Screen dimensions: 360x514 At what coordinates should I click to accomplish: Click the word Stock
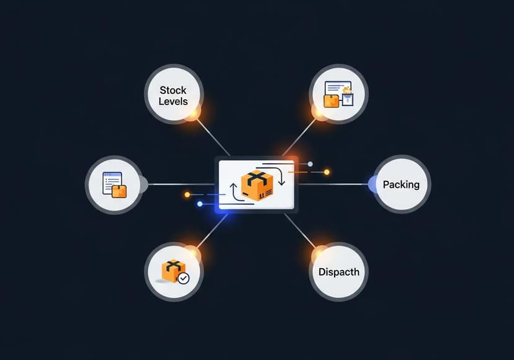click(173, 91)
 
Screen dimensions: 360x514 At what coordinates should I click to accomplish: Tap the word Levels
click(173, 101)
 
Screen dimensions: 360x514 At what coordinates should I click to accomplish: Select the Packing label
click(401, 184)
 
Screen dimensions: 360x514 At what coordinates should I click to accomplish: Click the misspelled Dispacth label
click(338, 272)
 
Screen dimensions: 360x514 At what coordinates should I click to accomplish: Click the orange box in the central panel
click(257, 186)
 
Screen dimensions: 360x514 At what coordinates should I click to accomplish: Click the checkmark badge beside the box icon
click(183, 279)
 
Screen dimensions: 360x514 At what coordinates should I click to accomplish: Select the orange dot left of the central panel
click(187, 195)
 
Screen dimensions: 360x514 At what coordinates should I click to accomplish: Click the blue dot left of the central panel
click(199, 204)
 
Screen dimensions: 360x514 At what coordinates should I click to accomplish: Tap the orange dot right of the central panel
click(327, 172)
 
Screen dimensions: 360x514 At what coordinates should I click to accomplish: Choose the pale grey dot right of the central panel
click(310, 164)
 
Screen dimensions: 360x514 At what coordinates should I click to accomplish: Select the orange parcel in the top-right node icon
click(331, 99)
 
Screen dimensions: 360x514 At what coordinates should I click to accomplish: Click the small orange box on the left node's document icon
click(119, 191)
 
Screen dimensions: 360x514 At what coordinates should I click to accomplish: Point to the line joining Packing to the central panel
click(335, 184)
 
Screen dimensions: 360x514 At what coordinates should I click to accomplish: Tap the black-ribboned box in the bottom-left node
click(173, 271)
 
